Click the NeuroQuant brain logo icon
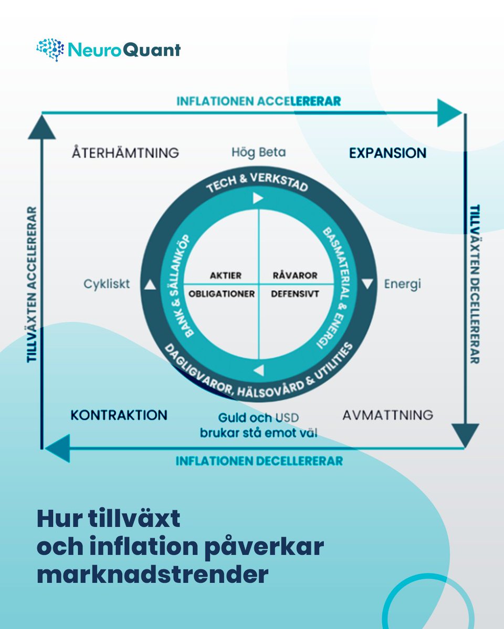coord(50,50)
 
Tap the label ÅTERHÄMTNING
coord(125,153)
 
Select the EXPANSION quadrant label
coord(387,153)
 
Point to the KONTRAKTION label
coord(119,415)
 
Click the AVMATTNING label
coord(388,415)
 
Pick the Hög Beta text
coord(259,153)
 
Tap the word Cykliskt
coord(107,284)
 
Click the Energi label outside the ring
coord(403,284)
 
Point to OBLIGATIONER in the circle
coord(222,294)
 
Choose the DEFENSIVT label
coord(295,294)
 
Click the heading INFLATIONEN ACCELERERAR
coord(258,101)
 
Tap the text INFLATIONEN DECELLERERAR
coord(259,461)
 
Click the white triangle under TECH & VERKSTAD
coord(257,198)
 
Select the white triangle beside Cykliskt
coord(150,285)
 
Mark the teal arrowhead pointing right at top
coord(449,113)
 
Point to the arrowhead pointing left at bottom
coord(58,448)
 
